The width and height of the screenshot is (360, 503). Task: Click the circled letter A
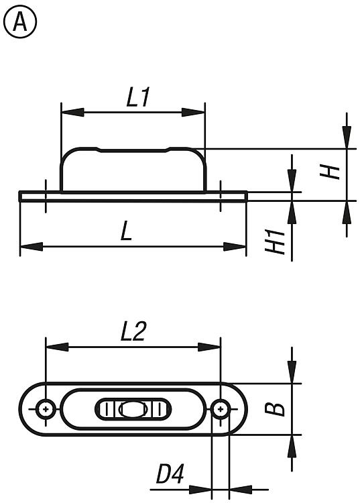[20, 22]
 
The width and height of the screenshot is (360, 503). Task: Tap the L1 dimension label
[138, 97]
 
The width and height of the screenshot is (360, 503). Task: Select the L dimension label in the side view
[126, 231]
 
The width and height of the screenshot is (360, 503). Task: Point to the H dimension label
[330, 172]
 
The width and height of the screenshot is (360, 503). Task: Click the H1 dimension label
[275, 242]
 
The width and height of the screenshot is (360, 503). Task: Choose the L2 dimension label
[133, 331]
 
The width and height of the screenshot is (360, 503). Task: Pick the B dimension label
[275, 409]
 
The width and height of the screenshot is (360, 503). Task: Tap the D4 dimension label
[170, 474]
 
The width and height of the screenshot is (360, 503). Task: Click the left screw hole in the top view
[46, 409]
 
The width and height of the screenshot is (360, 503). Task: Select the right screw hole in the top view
[221, 409]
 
